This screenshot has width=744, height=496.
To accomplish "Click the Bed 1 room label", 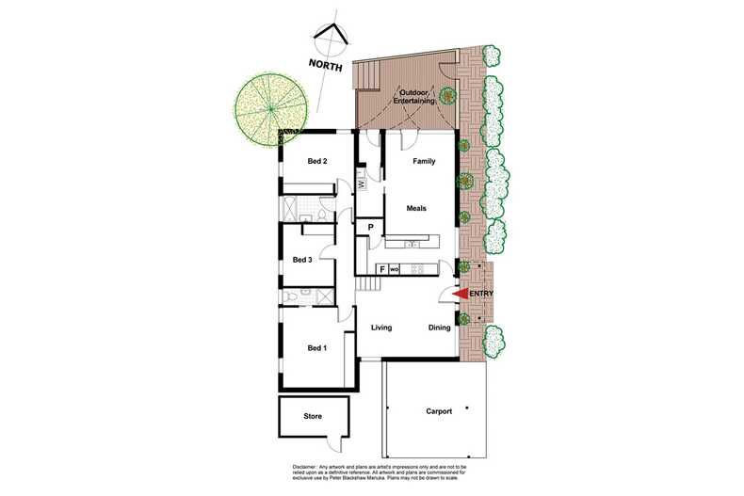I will [x=317, y=348].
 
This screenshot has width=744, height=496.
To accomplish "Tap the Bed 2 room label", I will [x=317, y=161].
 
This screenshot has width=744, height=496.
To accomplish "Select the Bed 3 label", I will [x=302, y=260].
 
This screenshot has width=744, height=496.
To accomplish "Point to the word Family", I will [x=424, y=162].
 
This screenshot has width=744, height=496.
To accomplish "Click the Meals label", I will [x=417, y=207].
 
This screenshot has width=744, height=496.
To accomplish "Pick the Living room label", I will [x=380, y=328].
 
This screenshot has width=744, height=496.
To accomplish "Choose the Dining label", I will [x=439, y=328].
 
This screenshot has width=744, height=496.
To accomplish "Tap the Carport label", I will [x=439, y=411].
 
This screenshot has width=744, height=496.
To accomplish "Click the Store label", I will [x=313, y=415].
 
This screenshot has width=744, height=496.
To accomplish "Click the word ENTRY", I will [x=480, y=294].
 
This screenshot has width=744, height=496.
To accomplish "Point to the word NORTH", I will [x=324, y=66].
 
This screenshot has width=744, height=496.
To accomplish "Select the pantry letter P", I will [x=371, y=228].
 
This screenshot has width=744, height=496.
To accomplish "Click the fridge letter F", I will [x=381, y=269].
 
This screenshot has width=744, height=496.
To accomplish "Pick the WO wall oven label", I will [x=395, y=270].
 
